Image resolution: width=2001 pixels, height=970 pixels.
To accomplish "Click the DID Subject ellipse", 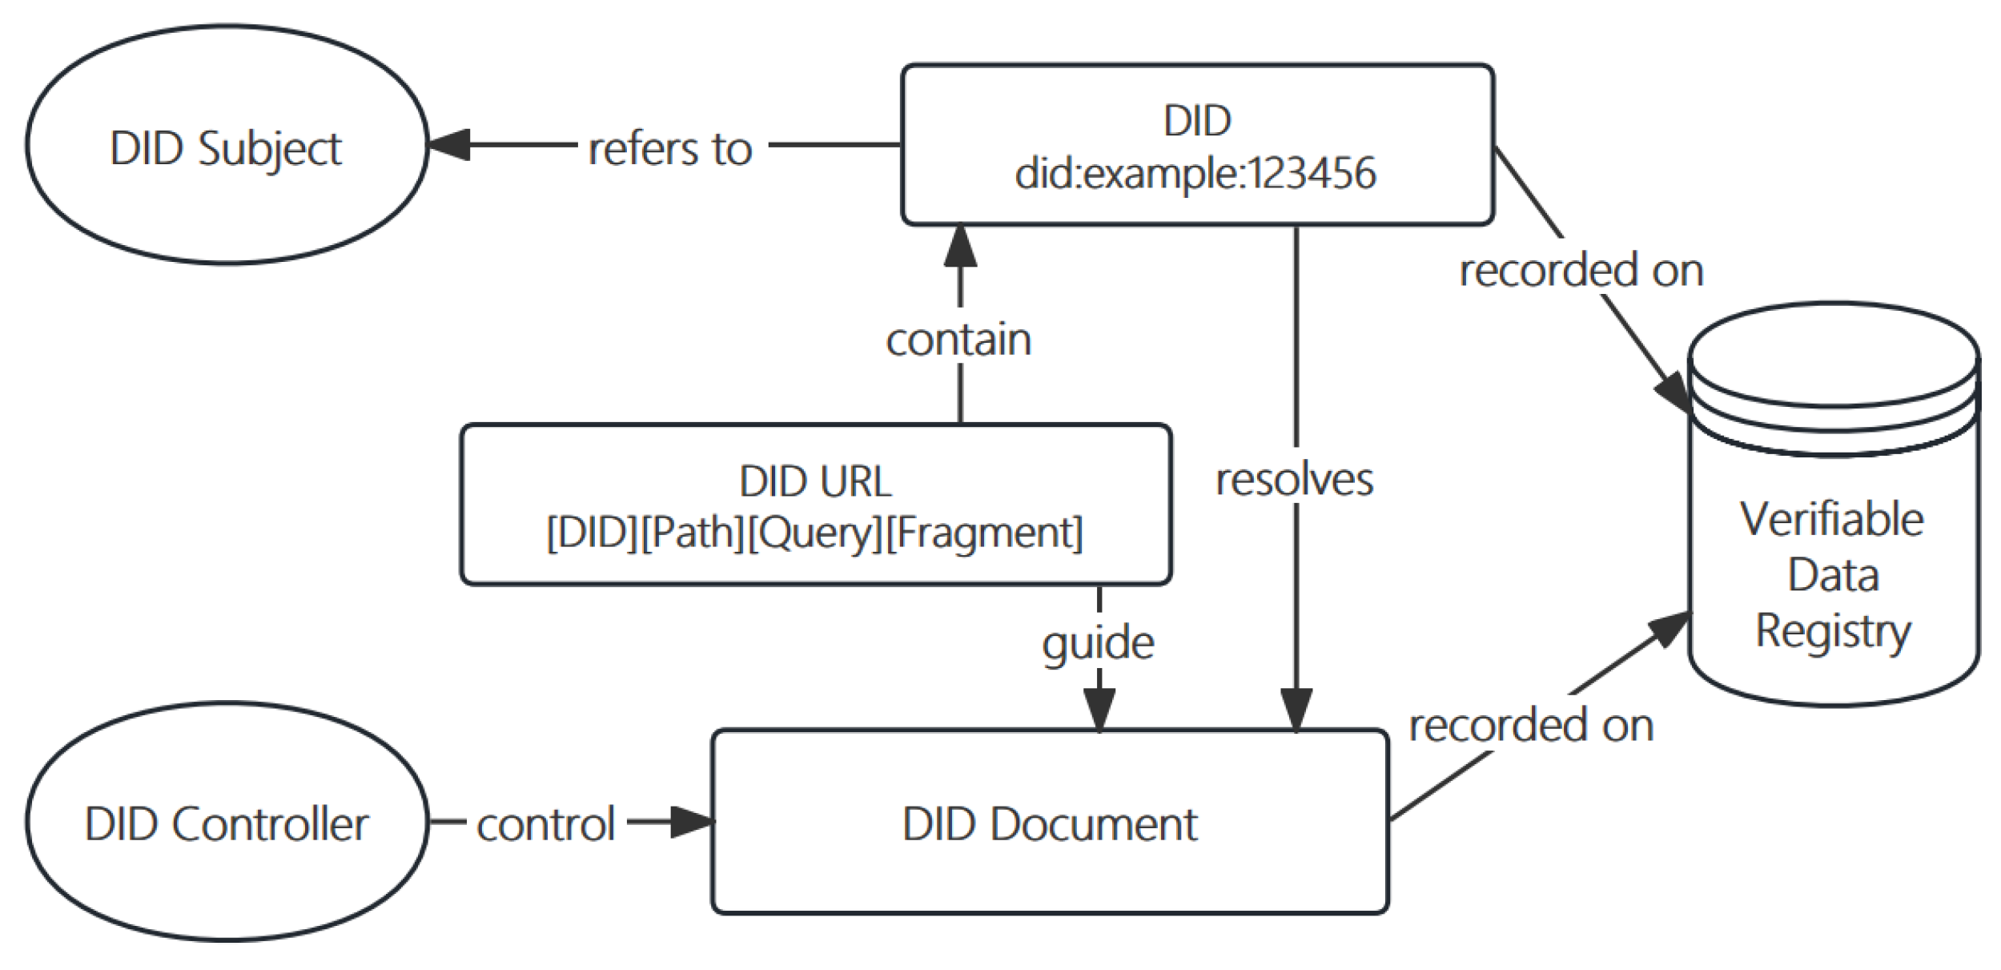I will [x=227, y=145].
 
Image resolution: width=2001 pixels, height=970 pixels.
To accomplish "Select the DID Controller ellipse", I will [x=227, y=822].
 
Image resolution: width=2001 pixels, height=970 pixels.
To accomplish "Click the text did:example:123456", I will [x=1195, y=173].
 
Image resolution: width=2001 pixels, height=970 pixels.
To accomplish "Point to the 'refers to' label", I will [x=671, y=149].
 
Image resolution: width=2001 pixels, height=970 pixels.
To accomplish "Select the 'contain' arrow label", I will [x=958, y=340].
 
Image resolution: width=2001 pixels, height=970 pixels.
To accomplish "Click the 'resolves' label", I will [x=1294, y=480].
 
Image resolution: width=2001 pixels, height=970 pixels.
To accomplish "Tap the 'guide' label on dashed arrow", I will [x=1098, y=643].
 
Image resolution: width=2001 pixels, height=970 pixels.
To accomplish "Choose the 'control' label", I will [x=545, y=824].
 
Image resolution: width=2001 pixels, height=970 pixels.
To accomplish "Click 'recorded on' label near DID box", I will [x=1581, y=270].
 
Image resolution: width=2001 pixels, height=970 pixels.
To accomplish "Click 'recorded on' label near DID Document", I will [x=1530, y=726].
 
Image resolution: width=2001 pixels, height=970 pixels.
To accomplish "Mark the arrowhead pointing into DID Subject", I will [x=448, y=145].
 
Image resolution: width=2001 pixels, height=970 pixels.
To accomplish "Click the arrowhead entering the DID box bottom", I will [x=959, y=246].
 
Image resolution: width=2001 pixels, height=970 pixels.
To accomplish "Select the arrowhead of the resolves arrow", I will [x=1296, y=709].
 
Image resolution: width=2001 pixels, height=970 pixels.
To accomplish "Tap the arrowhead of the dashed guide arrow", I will [x=1099, y=709].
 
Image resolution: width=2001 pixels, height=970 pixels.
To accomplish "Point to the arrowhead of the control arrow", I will [x=690, y=821].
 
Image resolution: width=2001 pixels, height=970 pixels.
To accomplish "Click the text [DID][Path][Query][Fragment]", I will [x=815, y=533].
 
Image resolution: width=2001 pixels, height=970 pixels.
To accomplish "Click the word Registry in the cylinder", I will [x=1832, y=630].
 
